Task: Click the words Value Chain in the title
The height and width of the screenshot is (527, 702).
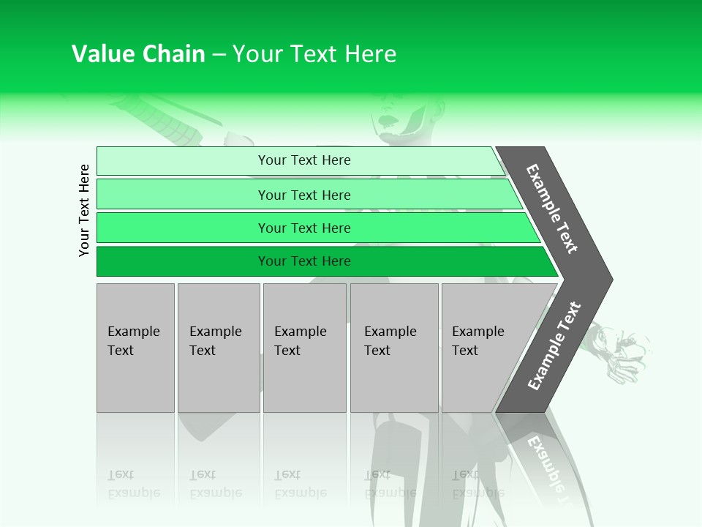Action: [x=138, y=53]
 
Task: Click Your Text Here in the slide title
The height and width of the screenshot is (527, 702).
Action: [x=314, y=53]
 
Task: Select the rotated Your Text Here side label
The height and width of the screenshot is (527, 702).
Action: [x=84, y=210]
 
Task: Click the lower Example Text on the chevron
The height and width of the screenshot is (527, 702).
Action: [x=554, y=346]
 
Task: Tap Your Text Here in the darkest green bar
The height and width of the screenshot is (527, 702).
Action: [x=304, y=261]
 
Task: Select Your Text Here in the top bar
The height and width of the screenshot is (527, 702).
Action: [x=304, y=160]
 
